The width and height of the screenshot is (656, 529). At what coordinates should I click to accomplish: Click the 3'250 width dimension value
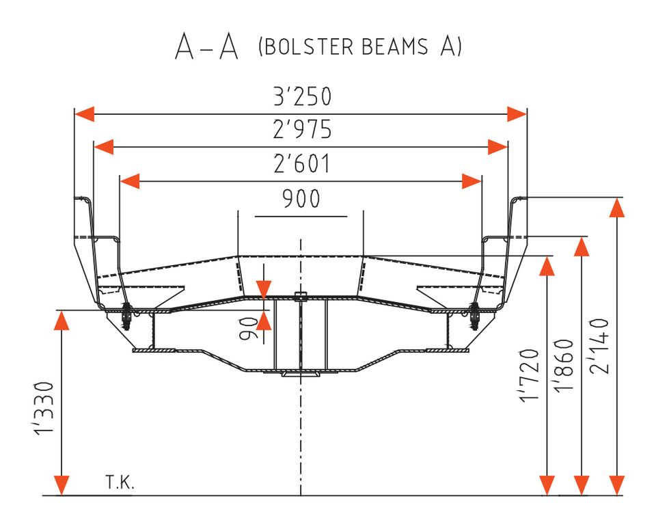tap(303, 96)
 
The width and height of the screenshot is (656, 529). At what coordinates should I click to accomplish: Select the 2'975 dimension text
tap(303, 129)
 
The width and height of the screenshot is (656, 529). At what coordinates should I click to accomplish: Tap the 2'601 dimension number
tap(302, 163)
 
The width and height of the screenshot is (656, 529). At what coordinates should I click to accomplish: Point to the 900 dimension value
tap(301, 198)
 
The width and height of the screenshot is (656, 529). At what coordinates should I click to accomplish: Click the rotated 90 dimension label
tap(249, 329)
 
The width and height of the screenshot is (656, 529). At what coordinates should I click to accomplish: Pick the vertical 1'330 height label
tap(44, 408)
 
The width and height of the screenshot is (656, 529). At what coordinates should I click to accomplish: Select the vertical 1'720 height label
tap(529, 375)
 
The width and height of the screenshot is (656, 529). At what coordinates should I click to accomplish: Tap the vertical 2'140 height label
tap(599, 346)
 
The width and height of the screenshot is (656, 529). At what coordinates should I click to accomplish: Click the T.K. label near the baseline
tap(120, 482)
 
